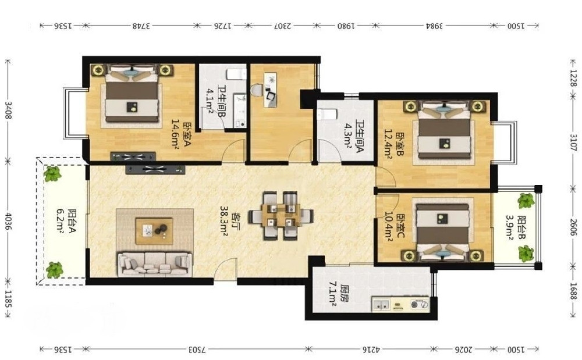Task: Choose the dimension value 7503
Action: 197,350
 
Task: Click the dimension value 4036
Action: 8,220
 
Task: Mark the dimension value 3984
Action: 435,26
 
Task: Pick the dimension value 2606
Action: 573,227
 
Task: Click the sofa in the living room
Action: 155,264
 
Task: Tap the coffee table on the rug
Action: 154,231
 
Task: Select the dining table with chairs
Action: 281,216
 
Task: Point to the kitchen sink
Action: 381,305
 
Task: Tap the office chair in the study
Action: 257,91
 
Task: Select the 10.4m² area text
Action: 388,227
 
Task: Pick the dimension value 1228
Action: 573,79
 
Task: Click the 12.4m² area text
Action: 388,144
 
